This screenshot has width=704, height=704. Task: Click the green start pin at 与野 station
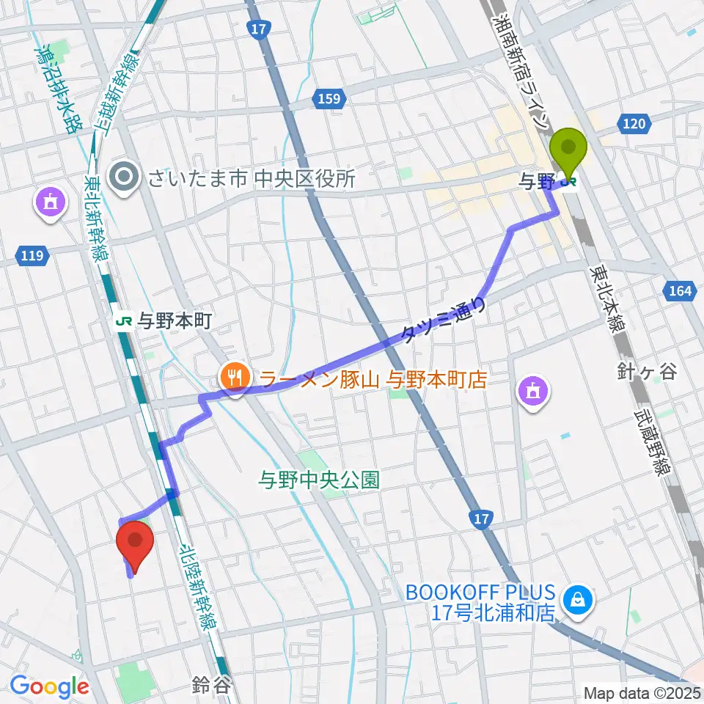point(568,150)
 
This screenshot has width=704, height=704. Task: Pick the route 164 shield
point(680,292)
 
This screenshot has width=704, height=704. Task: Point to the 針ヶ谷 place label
point(647,373)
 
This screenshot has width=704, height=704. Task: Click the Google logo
point(50,686)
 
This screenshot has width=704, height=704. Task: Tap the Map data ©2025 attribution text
point(642,692)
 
